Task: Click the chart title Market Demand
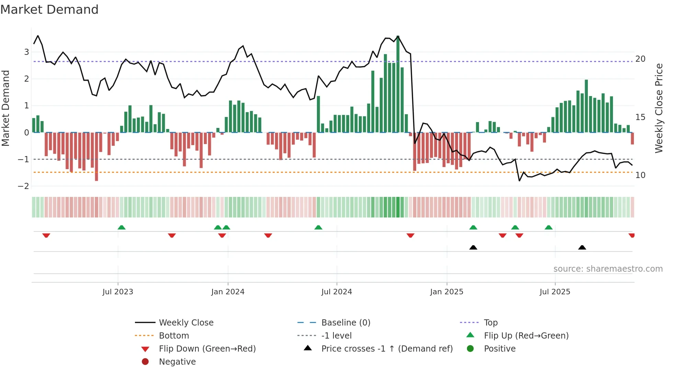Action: pos(49,10)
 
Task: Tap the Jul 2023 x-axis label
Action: pos(118,292)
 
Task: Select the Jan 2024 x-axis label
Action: pos(228,292)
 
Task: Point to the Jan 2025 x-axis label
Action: pos(446,292)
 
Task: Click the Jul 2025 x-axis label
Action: pos(555,292)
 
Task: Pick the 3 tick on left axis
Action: pos(26,52)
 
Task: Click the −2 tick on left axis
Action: pos(24,186)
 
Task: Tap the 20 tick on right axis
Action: pos(640,59)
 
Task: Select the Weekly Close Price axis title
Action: pos(659,108)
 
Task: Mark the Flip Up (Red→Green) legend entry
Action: pos(526,336)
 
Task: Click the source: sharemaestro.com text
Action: pos(608,269)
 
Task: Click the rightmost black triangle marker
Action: pos(582,247)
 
